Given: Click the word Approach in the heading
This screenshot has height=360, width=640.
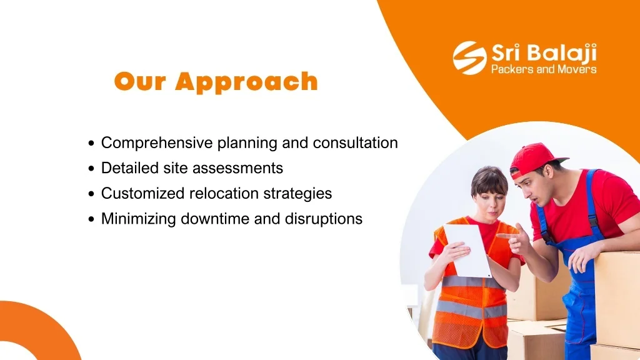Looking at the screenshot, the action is coord(246,82).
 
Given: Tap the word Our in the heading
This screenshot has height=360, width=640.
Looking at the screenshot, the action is coord(140,81).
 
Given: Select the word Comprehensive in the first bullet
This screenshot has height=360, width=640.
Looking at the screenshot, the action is coord(157,143).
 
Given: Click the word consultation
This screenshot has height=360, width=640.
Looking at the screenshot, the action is coord(355,143).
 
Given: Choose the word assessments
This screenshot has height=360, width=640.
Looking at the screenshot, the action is coord(237,168).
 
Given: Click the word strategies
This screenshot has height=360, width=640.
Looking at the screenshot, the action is coord(297,194).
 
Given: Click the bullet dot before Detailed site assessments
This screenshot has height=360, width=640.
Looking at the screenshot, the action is coord(91,169).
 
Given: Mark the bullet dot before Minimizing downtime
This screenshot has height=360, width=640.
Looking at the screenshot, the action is coord(91,219).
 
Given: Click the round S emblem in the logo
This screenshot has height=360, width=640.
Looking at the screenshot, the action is coord(469,57).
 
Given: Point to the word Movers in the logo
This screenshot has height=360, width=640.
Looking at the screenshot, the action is coord(577,69).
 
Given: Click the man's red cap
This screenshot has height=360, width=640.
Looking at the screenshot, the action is coord(536,158).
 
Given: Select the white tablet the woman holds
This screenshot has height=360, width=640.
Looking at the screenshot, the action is coord(467,251).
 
